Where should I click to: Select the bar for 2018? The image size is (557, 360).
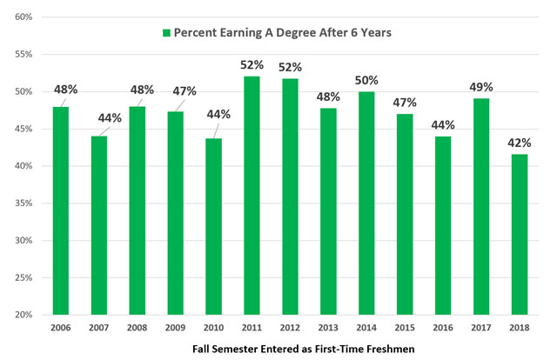click(x=518, y=234)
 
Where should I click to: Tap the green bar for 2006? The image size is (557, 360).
click(x=60, y=210)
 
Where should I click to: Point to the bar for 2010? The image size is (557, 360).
click(x=212, y=226)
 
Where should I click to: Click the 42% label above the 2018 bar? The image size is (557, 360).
click(x=519, y=143)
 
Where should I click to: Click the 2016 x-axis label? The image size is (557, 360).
click(x=442, y=328)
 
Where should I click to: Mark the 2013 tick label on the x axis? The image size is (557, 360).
click(x=327, y=328)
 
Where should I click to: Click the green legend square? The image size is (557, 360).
click(x=165, y=32)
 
